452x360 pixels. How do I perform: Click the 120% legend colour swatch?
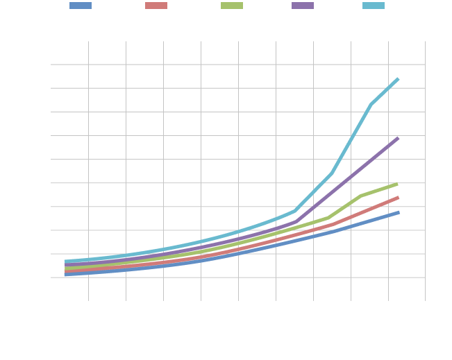(x=81, y=6)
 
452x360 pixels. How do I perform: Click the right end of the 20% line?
(x=398, y=79)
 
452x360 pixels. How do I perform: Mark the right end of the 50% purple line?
(x=398, y=138)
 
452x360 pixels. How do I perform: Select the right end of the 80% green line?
(x=398, y=184)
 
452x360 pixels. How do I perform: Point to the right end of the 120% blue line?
(x=398, y=212)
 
